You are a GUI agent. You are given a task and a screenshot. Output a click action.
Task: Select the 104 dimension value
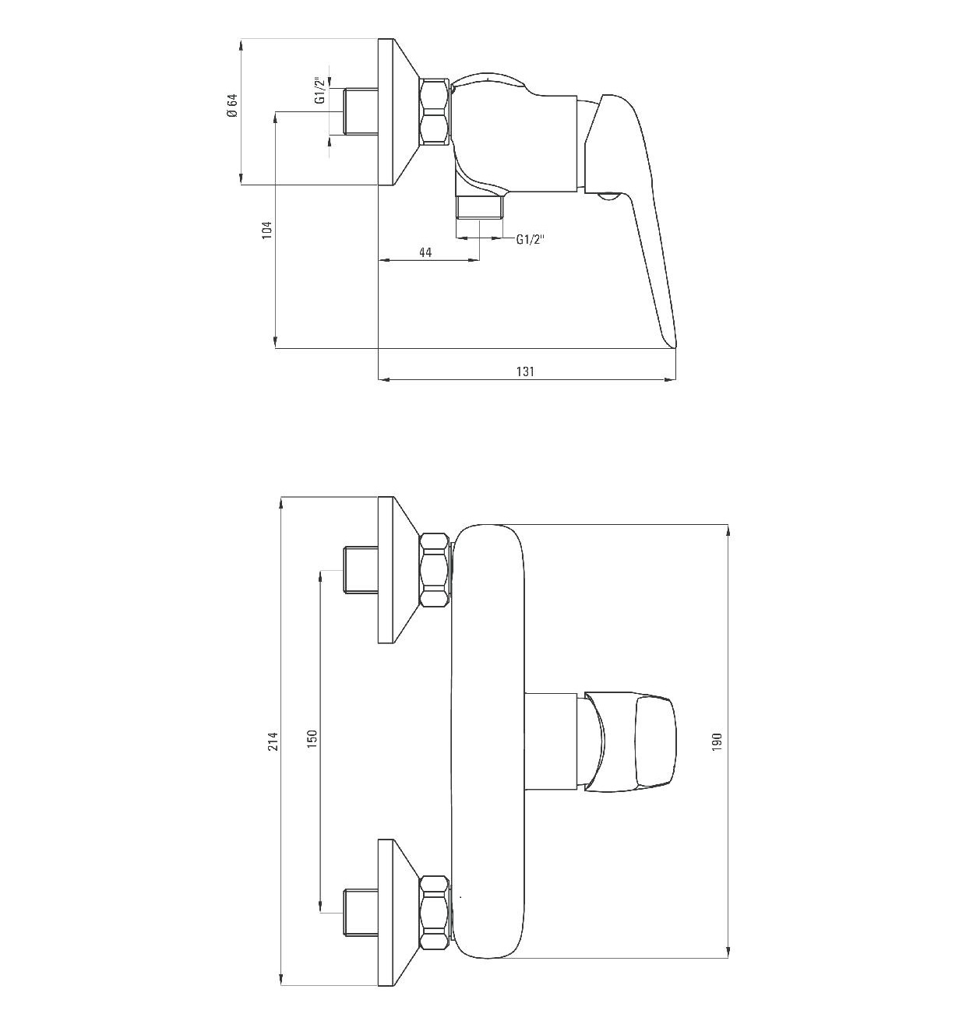pyautogui.click(x=266, y=230)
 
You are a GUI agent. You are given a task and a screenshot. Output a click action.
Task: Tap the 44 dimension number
pyautogui.click(x=425, y=252)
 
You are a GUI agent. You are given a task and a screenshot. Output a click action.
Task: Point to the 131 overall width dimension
pyautogui.click(x=525, y=371)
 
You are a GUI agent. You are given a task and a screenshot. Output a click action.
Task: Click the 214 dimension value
pyautogui.click(x=274, y=741)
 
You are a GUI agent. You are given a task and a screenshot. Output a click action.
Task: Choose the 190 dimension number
pyautogui.click(x=717, y=742)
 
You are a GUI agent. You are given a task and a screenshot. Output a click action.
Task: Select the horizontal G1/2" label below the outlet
pyautogui.click(x=531, y=239)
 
